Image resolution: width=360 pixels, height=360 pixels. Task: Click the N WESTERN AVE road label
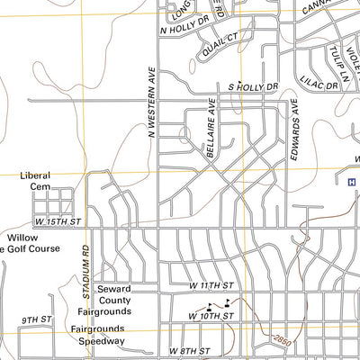[151, 106]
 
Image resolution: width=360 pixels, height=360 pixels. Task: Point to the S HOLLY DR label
[253, 87]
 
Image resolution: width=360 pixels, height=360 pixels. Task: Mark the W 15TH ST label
[58, 220]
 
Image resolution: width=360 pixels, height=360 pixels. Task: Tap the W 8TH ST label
[188, 351]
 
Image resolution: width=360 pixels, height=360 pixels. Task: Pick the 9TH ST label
[37, 319]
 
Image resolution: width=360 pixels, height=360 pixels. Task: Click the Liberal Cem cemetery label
[35, 181]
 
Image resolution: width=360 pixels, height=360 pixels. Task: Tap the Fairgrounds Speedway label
[98, 335]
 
